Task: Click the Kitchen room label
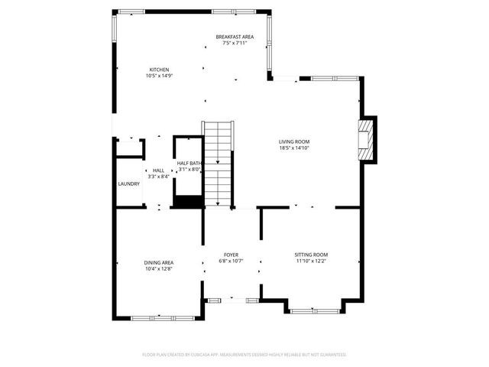pos(159,70)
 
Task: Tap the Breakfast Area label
pos(235,37)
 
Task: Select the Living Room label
pos(294,141)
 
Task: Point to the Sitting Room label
pos(311,255)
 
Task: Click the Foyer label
pos(231,255)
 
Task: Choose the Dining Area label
pos(158,263)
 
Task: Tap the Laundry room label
pos(128,184)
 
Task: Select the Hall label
pos(158,171)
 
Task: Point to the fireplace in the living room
pos(368,139)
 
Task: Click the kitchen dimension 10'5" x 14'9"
pos(159,76)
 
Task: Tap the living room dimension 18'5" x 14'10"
pos(294,148)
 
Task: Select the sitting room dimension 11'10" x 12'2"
pos(311,261)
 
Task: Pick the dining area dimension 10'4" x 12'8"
pos(158,269)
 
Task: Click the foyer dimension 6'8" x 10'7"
pos(231,261)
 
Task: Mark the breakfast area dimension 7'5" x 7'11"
pos(235,43)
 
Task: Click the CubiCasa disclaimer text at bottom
pos(244,355)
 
